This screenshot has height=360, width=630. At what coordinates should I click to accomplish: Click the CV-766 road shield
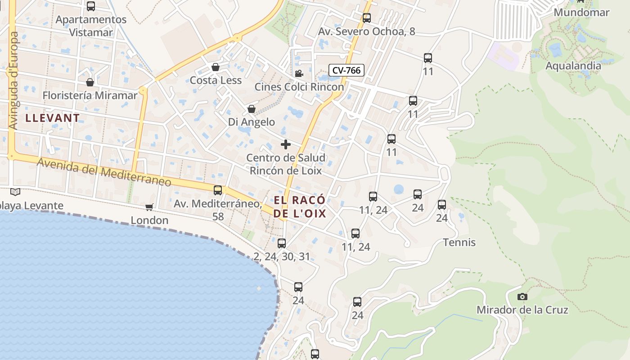(x=346, y=70)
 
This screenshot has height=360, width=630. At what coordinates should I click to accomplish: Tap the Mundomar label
(x=581, y=12)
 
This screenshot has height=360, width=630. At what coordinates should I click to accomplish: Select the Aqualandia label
(x=573, y=66)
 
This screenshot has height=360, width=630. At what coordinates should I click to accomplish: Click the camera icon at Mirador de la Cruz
(x=522, y=297)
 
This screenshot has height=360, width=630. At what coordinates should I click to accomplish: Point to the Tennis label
(x=459, y=243)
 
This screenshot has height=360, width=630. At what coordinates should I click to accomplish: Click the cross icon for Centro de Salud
(x=285, y=144)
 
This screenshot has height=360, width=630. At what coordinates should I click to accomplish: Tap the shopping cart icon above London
(x=149, y=207)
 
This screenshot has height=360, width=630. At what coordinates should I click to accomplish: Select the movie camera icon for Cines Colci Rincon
(x=298, y=73)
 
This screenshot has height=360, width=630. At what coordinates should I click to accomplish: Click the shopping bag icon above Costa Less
(x=216, y=67)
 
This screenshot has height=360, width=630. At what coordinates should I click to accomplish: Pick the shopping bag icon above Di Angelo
(x=252, y=109)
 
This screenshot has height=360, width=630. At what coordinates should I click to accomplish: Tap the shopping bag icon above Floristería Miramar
(x=90, y=83)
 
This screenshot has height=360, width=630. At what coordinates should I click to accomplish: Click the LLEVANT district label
(x=53, y=118)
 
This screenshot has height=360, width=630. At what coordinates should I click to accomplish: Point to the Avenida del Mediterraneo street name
(x=104, y=172)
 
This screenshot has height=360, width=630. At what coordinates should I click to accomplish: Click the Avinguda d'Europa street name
(x=13, y=81)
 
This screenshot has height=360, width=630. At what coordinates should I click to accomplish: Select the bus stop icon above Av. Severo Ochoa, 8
(x=366, y=18)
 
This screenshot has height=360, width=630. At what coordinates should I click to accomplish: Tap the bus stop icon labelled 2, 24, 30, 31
(x=282, y=243)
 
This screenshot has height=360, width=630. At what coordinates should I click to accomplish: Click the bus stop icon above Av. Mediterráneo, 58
(x=218, y=190)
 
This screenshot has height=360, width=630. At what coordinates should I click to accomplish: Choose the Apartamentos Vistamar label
(x=91, y=26)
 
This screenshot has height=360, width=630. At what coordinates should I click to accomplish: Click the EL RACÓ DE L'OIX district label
(x=299, y=207)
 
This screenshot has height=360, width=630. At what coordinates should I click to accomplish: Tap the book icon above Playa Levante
(x=15, y=192)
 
